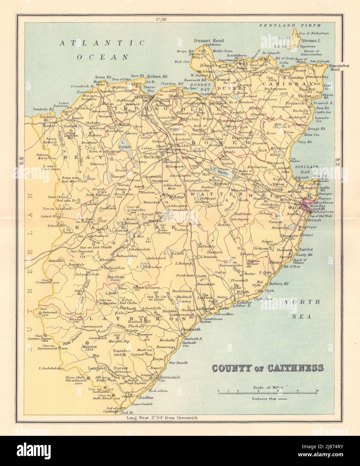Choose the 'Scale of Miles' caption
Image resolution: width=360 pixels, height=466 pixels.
tap(268, 387)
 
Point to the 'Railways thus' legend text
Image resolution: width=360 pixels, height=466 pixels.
tap(264, 399)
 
